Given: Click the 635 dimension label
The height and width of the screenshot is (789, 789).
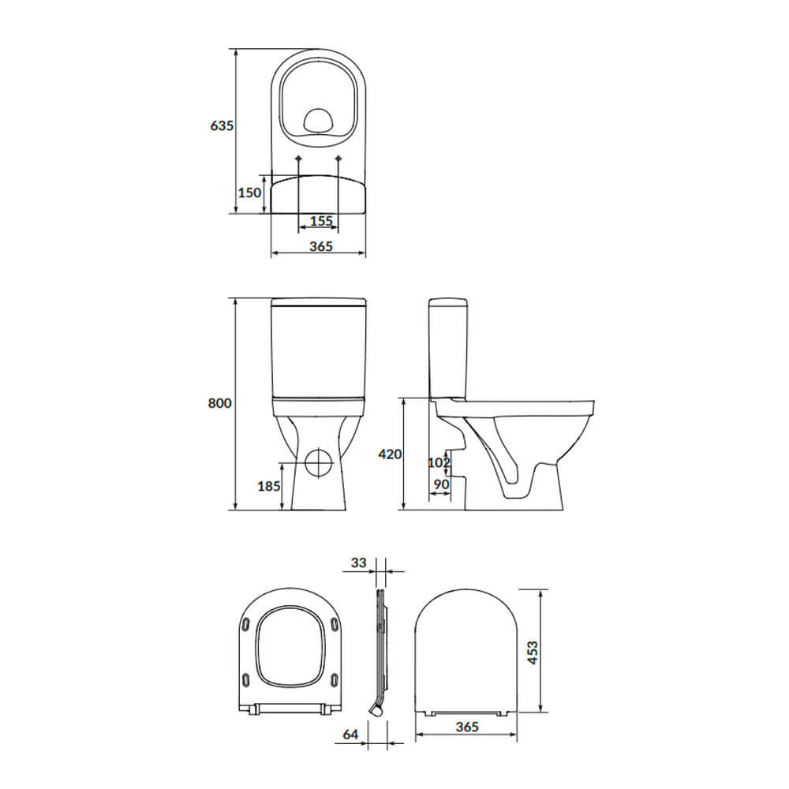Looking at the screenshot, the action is [x=222, y=125].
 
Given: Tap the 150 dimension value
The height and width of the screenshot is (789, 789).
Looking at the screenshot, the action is [x=249, y=193].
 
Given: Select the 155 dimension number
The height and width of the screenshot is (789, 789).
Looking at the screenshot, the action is [x=321, y=221].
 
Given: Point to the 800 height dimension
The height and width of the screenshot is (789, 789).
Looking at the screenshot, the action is [x=220, y=403].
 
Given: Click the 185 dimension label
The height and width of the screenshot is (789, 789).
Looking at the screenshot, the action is [x=269, y=486].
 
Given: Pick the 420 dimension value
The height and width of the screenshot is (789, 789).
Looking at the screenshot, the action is [x=390, y=454].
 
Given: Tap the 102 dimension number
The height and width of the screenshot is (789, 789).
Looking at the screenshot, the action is [x=439, y=462].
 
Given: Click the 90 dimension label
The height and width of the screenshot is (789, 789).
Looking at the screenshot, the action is [x=441, y=484].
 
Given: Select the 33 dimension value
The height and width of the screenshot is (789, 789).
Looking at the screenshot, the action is [x=359, y=563].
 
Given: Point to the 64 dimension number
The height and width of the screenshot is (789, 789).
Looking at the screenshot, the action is [x=350, y=735].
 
